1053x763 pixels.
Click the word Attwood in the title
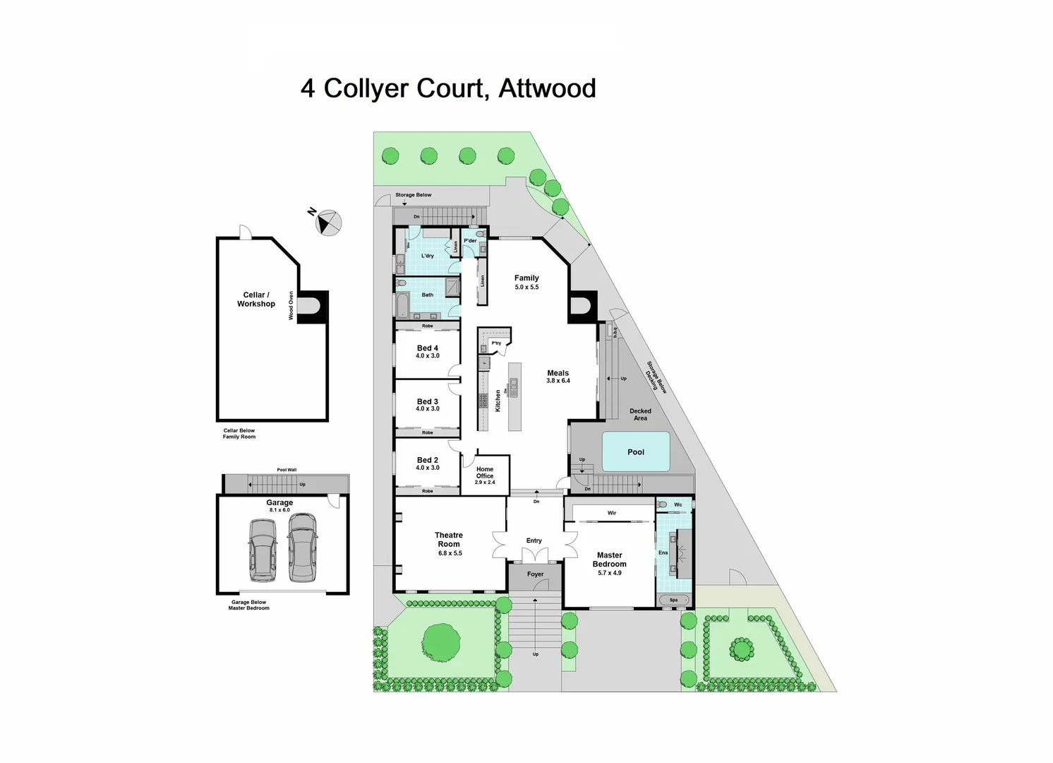click(x=547, y=89)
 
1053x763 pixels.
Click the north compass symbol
click(x=327, y=223)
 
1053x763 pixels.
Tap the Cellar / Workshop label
click(x=256, y=300)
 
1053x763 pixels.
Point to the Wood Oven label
click(x=291, y=306)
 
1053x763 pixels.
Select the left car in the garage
click(x=262, y=550)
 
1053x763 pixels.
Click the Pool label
click(x=636, y=452)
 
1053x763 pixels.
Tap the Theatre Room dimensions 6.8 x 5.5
click(x=450, y=553)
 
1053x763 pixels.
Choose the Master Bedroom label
click(x=609, y=560)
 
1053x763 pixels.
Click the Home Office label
click(x=485, y=473)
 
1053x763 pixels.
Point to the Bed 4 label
click(x=428, y=348)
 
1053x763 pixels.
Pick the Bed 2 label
click(x=428, y=460)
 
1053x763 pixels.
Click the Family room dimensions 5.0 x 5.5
click(x=526, y=288)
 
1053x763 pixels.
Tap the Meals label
click(x=558, y=373)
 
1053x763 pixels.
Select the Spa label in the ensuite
click(x=673, y=600)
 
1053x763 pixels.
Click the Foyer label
click(x=536, y=574)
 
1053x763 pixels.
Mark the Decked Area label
click(x=640, y=415)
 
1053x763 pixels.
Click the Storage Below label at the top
click(x=414, y=195)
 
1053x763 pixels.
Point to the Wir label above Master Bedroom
click(x=612, y=513)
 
